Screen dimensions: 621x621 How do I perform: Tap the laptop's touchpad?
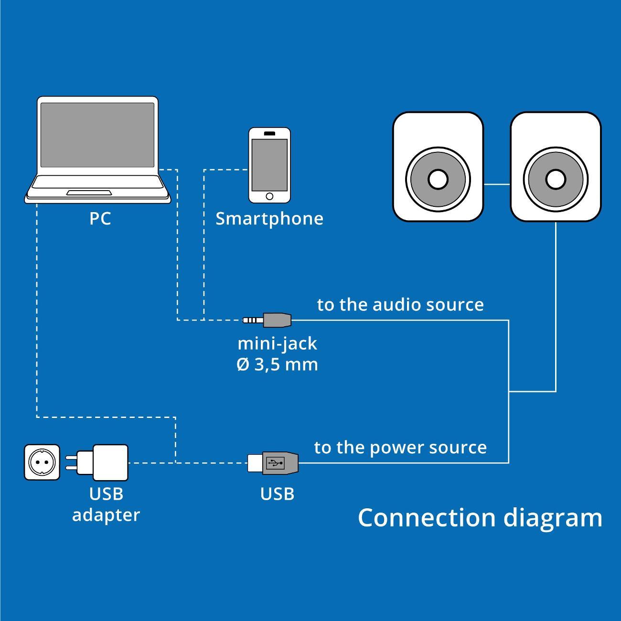click(89, 193)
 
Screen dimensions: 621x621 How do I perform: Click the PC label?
click(100, 219)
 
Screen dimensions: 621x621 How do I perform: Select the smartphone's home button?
click(269, 196)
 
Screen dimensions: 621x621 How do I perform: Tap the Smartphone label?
click(269, 219)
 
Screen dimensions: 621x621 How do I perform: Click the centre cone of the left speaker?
click(438, 179)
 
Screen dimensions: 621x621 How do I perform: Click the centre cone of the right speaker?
click(555, 179)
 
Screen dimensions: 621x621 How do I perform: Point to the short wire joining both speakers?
click(497, 184)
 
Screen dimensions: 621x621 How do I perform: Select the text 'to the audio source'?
click(400, 305)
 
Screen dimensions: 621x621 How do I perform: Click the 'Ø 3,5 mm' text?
click(277, 365)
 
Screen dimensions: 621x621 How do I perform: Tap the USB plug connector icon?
click(273, 462)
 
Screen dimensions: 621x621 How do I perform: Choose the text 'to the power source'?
click(400, 448)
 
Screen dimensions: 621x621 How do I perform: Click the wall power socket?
click(43, 462)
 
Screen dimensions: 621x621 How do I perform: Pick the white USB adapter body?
click(110, 462)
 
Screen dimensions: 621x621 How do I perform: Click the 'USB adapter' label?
click(106, 504)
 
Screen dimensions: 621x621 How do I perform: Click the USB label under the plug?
click(277, 494)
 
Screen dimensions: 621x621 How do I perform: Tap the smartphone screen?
click(269, 164)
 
